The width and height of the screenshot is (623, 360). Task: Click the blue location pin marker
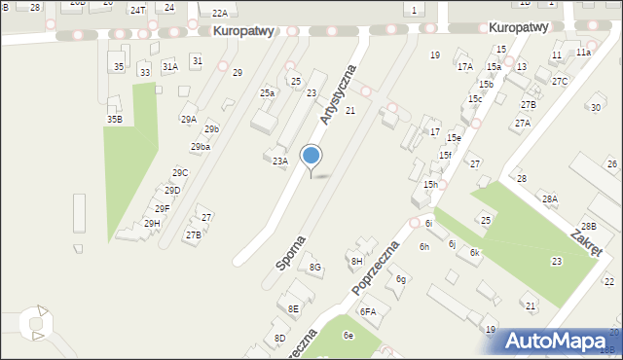[311, 156]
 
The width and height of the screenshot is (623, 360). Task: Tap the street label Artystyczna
[338, 94]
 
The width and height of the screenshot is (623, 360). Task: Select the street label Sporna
[291, 252]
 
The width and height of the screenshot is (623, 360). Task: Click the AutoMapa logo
[552, 341]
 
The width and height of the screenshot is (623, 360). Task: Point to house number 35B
[115, 119]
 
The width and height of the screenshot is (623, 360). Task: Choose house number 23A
[280, 162]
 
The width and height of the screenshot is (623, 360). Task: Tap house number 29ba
[201, 146]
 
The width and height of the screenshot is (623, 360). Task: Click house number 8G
[314, 267]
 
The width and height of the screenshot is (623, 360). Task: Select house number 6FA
[368, 311]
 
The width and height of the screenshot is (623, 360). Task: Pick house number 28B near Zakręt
[588, 226]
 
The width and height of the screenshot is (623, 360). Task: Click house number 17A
[465, 67]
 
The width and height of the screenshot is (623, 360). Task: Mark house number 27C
[559, 81]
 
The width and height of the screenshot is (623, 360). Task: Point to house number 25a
[267, 92]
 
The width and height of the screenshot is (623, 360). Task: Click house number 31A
[170, 66]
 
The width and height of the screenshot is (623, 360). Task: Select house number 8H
[357, 261]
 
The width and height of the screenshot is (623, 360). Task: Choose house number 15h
[430, 184]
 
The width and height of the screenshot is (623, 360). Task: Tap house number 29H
[152, 223]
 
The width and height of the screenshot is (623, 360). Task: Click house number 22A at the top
[220, 13]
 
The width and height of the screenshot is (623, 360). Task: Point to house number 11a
[583, 52]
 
